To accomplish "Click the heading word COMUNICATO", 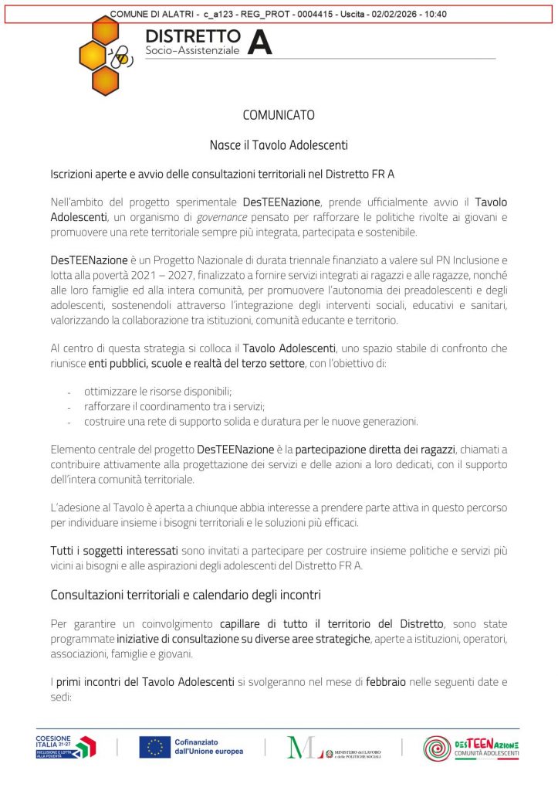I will click(279, 115).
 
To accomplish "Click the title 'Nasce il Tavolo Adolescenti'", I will click(279, 144).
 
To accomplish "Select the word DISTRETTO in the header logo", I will click(193, 36).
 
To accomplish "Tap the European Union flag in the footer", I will click(154, 746).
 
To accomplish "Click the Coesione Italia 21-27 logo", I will click(66, 746).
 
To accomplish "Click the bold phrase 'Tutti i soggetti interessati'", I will click(114, 550).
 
